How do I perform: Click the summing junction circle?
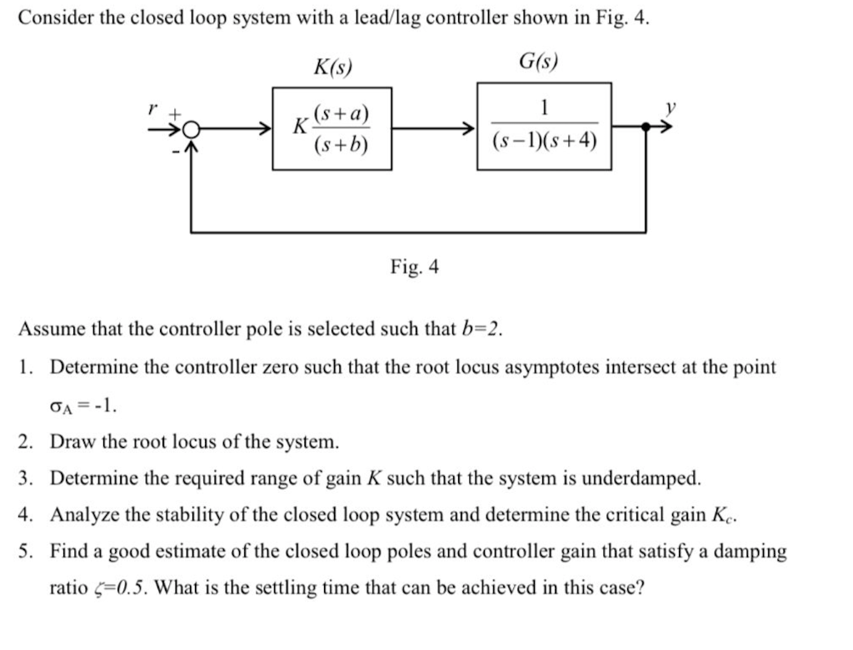pyautogui.click(x=190, y=130)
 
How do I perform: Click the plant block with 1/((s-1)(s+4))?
pyautogui.click(x=543, y=126)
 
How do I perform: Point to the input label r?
pyautogui.click(x=151, y=109)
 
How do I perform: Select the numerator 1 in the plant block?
pyautogui.click(x=543, y=109)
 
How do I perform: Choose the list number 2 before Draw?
pyautogui.click(x=26, y=441)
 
